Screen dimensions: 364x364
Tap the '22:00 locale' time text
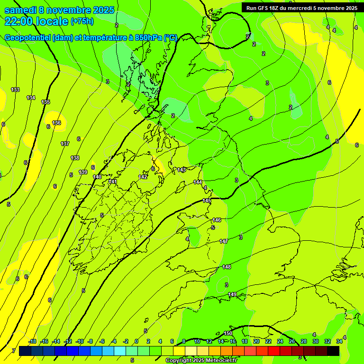[36, 21]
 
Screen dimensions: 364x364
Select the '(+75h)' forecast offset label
[82, 21]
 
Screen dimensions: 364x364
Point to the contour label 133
[15, 90]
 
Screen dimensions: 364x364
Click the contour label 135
[45, 102]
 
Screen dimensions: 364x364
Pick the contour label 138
[75, 158]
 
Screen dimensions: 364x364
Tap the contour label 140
[97, 177]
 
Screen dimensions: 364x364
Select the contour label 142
[143, 177]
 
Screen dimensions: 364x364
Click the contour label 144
[198, 182]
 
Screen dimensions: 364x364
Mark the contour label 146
[217, 220]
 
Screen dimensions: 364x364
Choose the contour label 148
[227, 267]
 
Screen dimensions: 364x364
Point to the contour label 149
[232, 294]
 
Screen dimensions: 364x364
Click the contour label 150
[228, 334]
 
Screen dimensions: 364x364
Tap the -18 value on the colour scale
[33, 341]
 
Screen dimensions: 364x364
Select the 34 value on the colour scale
[339, 341]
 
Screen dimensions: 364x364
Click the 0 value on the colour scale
[136, 341]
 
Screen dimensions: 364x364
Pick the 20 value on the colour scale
[256, 341]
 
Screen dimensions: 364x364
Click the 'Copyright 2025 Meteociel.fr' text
[201, 361]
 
